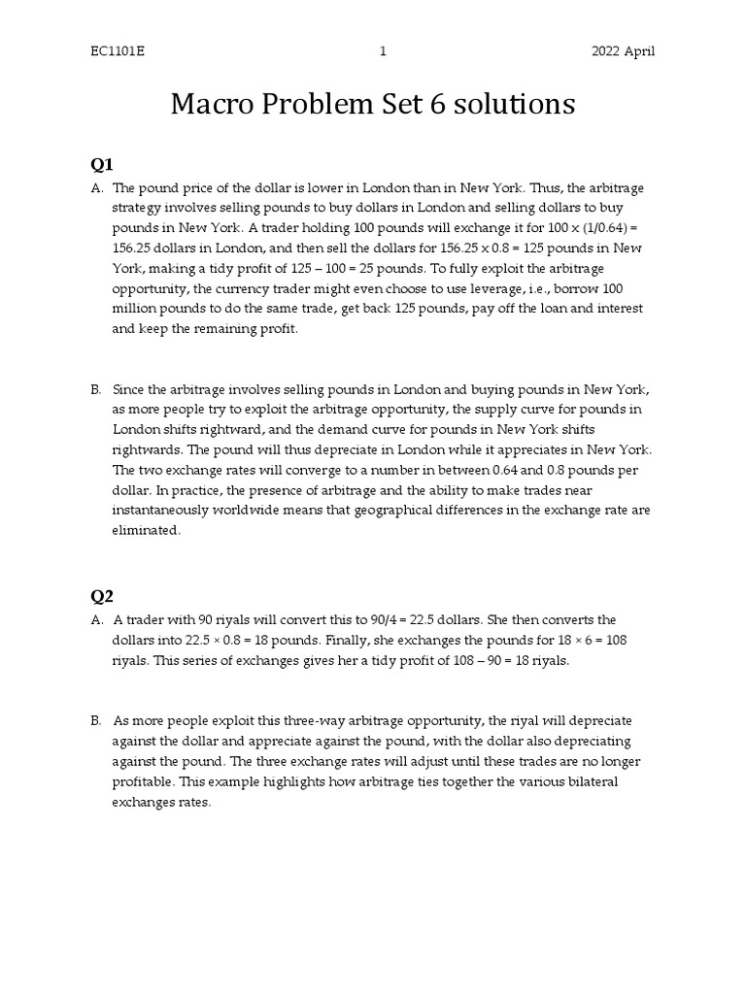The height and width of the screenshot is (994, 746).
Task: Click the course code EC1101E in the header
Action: [116, 51]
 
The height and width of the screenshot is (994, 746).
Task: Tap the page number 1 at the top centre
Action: [383, 51]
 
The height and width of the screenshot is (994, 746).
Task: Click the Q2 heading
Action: [103, 595]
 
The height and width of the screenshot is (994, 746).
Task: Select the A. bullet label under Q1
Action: [97, 187]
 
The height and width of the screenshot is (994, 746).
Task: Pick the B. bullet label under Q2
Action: [97, 721]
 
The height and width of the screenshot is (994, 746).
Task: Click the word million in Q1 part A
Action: [136, 309]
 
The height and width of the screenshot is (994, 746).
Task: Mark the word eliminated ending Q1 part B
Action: [147, 531]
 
